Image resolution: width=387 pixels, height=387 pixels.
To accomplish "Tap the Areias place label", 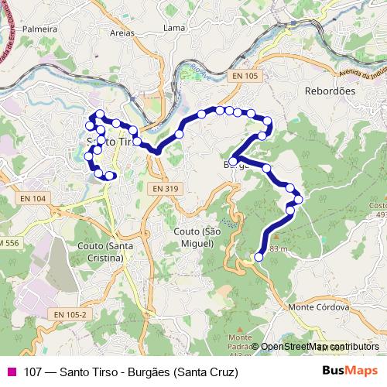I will [x=122, y=33].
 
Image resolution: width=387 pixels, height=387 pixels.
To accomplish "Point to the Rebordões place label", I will [x=330, y=91].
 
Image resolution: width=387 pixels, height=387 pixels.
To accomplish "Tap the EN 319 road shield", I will [x=166, y=188].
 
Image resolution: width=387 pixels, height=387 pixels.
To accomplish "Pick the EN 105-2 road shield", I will [x=71, y=313].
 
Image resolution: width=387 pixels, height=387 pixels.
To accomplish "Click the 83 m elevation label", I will [x=279, y=248].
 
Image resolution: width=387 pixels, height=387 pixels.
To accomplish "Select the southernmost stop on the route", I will [x=259, y=258].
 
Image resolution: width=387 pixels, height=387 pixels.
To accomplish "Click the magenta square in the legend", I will [x=11, y=371].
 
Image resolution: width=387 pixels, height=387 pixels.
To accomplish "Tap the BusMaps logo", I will [x=351, y=371].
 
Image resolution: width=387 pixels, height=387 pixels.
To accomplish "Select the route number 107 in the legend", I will [x=33, y=371].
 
